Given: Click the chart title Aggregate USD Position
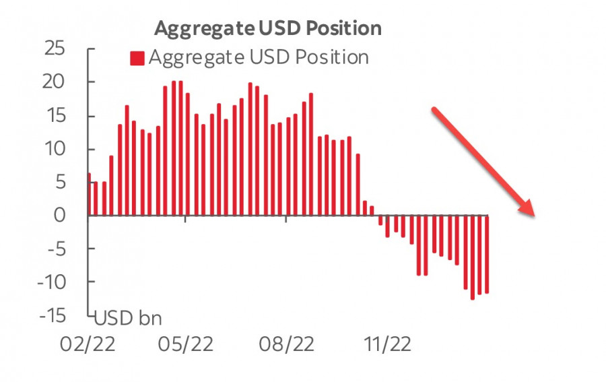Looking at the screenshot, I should pyautogui.click(x=267, y=28).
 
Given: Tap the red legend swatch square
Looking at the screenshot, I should pyautogui.click(x=137, y=58).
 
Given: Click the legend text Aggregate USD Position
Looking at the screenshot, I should pyautogui.click(x=258, y=57).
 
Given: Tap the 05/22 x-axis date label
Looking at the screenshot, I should pyautogui.click(x=186, y=344).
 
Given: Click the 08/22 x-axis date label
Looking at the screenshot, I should pyautogui.click(x=286, y=344).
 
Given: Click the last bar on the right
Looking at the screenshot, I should pyautogui.click(x=487, y=254).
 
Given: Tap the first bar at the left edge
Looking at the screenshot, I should pyautogui.click(x=89, y=195).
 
